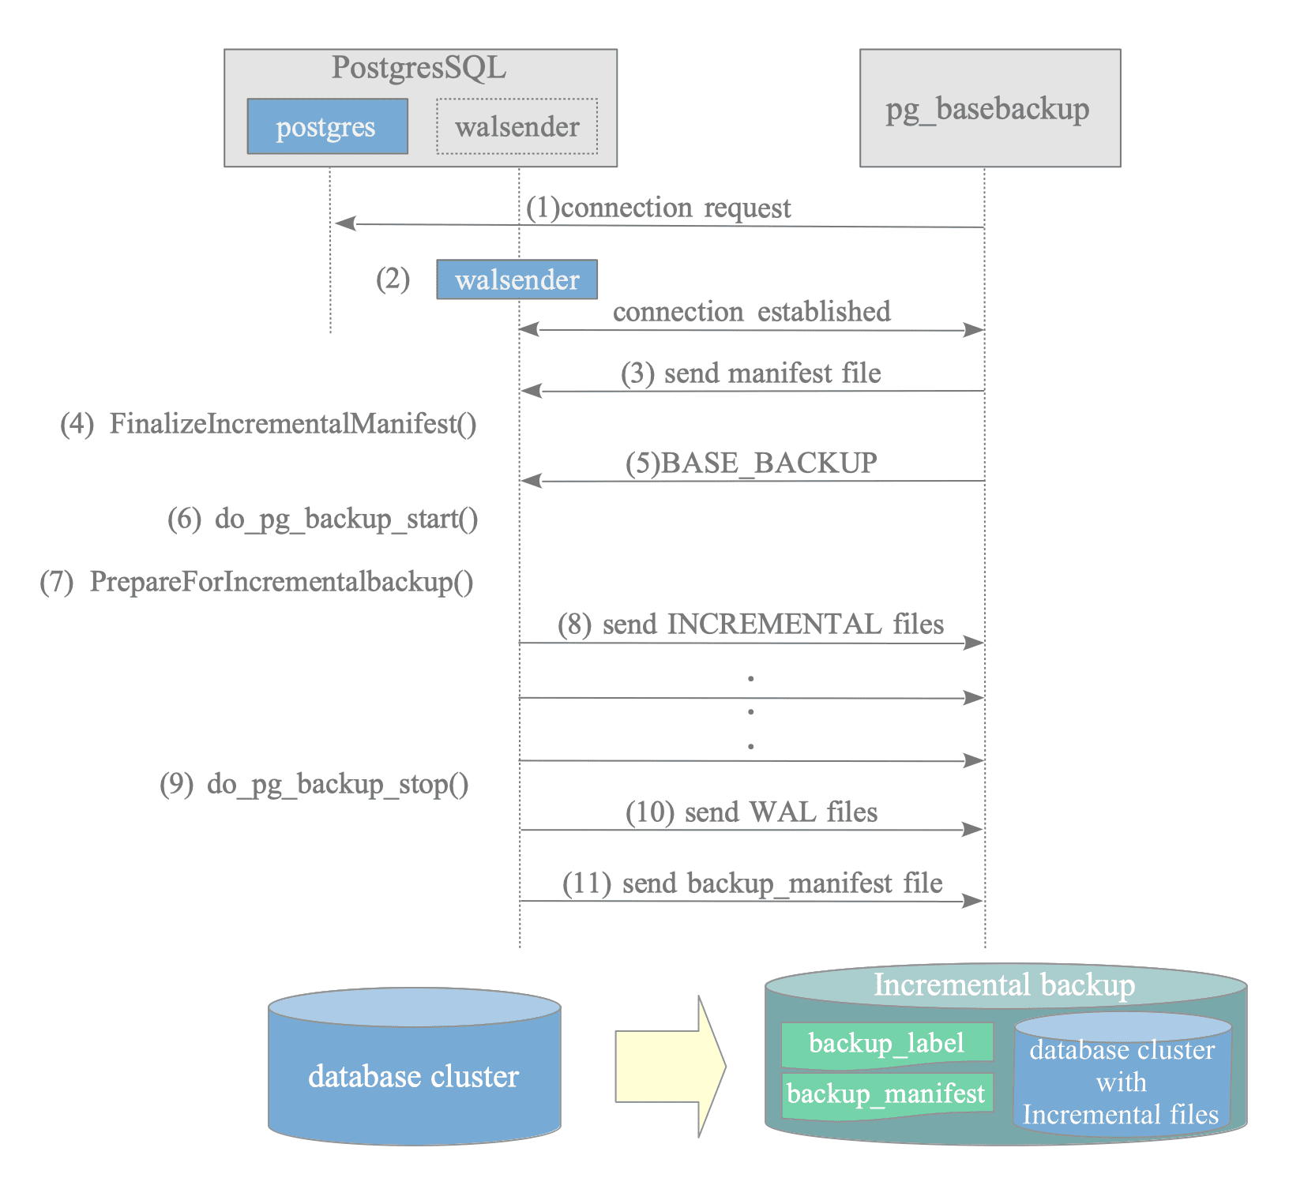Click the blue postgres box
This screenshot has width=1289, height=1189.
point(328,126)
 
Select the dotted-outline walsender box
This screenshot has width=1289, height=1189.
point(517,126)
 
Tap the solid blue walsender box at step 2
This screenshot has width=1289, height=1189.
point(517,279)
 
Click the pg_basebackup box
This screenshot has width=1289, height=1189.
point(990,108)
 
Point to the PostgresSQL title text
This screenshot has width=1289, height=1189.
point(419,68)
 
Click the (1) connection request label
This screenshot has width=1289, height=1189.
point(659,208)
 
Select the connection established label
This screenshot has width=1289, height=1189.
point(752,311)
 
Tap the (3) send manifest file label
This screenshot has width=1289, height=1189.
point(751,373)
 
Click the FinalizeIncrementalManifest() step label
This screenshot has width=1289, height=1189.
point(269,424)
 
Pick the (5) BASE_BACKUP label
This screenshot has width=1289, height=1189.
point(751,463)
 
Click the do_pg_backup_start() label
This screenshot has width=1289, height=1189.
point(323,519)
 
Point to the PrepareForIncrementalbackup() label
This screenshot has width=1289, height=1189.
point(257,582)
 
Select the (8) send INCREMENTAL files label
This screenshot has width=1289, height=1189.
point(751,625)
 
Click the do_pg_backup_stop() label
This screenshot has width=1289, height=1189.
point(314,784)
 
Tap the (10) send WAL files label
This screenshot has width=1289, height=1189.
point(752,812)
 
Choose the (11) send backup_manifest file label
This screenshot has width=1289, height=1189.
point(753,883)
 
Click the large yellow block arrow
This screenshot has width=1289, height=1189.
point(671,1067)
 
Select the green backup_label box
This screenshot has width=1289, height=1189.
point(887,1045)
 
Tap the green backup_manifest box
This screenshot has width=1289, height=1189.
point(887,1094)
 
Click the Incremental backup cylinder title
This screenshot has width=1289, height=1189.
point(1005,985)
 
